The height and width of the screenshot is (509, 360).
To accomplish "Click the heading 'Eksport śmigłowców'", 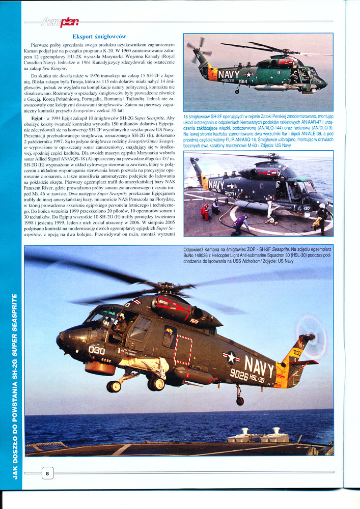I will (99, 37).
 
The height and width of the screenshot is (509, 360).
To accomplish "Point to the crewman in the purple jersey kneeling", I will (239, 224).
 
